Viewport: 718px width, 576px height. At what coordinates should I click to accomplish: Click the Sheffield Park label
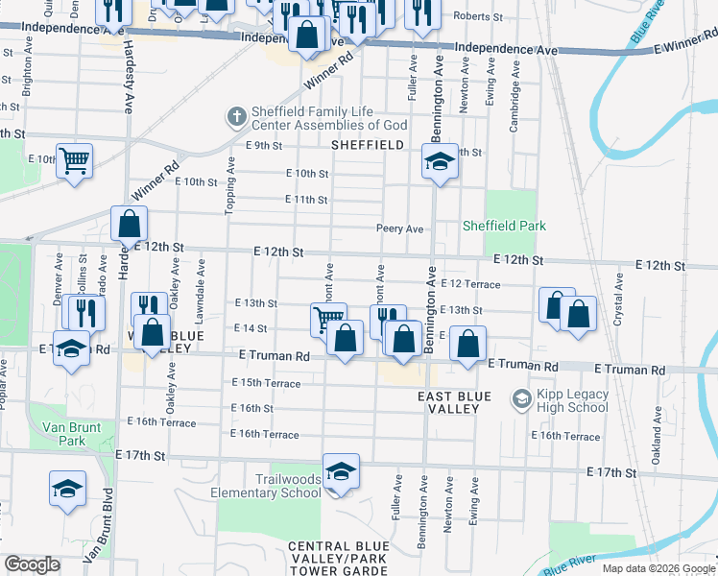click(x=504, y=226)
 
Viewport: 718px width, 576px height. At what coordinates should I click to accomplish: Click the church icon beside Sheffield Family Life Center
click(x=236, y=117)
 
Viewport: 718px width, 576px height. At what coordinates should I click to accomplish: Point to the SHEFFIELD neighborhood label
click(x=367, y=144)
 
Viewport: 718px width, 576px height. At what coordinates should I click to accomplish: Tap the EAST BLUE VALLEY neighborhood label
click(x=454, y=402)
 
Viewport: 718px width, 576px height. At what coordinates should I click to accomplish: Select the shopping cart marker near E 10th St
click(x=74, y=160)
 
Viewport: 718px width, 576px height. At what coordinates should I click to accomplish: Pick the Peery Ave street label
click(x=399, y=228)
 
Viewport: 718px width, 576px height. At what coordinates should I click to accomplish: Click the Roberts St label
click(x=478, y=16)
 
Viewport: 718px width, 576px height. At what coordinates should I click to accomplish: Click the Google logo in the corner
click(x=33, y=564)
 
